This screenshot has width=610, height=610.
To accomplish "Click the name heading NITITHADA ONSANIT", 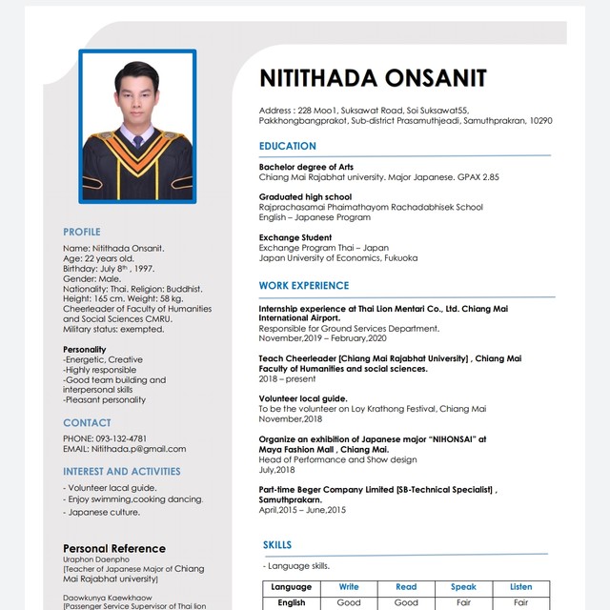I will tap(373, 78).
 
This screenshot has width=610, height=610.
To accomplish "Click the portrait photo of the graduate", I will tap(137, 126).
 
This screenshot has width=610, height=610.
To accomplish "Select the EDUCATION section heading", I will tap(287, 146).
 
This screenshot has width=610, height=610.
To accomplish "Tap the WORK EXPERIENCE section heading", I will tap(304, 285).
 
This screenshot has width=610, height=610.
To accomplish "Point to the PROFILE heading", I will tap(81, 232).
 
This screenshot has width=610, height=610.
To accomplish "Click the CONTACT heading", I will tap(87, 422).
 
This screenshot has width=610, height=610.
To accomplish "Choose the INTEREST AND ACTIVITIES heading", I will tap(121, 471).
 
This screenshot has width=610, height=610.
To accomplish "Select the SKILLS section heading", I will tap(277, 544).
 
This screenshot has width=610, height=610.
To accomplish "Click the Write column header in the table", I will tap(349, 587).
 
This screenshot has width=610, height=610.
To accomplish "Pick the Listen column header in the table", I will tap(520, 587).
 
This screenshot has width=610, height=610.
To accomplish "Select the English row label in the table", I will tap(291, 602).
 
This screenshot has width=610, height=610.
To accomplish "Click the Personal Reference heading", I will tap(113, 548).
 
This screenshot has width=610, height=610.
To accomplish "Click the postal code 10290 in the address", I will tap(540, 121).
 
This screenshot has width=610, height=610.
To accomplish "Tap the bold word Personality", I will tap(84, 350).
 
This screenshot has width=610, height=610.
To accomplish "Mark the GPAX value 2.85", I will tap(489, 177).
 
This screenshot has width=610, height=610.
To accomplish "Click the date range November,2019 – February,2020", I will tap(322, 338).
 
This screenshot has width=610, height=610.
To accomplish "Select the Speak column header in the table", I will tap(463, 587).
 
